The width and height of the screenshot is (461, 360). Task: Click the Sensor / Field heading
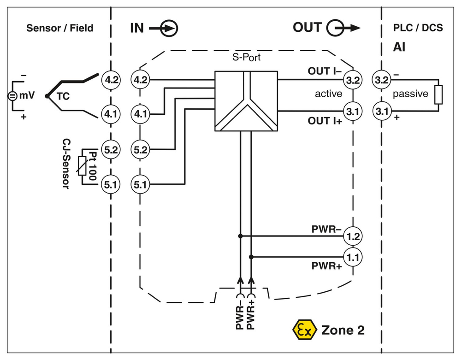[x=59, y=28]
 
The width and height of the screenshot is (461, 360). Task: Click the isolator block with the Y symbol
[x=246, y=100]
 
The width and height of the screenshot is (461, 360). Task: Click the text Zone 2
[x=343, y=330]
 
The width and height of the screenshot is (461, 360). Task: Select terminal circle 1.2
[x=353, y=236]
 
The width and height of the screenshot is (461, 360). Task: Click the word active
[x=328, y=94]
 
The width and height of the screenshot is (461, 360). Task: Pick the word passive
[x=410, y=94]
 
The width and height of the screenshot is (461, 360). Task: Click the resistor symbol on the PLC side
[x=438, y=95]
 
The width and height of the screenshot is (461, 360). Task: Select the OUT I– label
[x=324, y=71]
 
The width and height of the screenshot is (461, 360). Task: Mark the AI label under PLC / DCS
[x=399, y=47]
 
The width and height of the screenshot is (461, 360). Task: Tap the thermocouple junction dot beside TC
[x=47, y=96]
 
